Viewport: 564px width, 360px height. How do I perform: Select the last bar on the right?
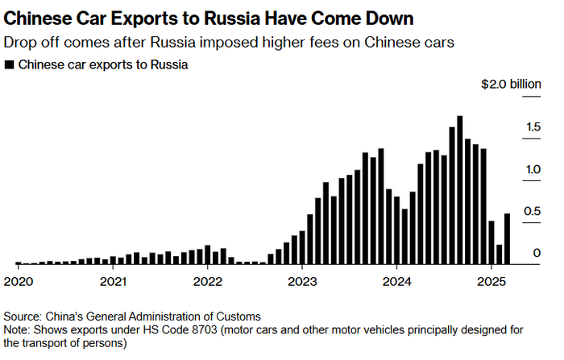pyautogui.click(x=506, y=238)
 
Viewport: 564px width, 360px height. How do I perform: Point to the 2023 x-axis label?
pyautogui.click(x=301, y=282)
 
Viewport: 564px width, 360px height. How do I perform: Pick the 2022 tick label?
pyautogui.click(x=207, y=282)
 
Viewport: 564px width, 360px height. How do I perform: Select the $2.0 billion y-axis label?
pyautogui.click(x=511, y=83)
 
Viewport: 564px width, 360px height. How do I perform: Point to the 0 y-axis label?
pyautogui.click(x=536, y=254)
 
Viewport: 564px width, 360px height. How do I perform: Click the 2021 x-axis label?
pyautogui.click(x=113, y=282)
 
